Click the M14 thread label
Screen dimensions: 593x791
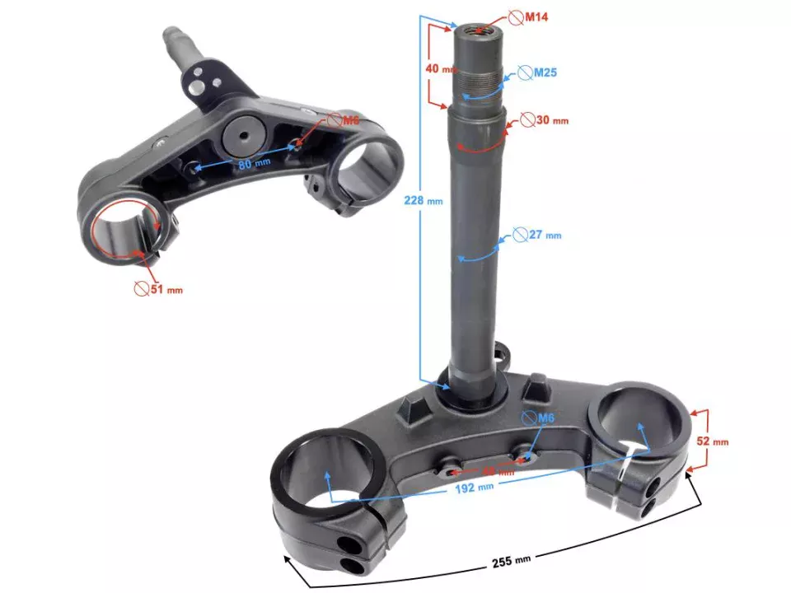pyautogui.click(x=536, y=16)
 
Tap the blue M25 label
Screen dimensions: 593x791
pyautogui.click(x=545, y=72)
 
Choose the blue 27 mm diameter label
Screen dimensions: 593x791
pyautogui.click(x=544, y=235)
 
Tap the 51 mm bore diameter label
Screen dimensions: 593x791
pyautogui.click(x=166, y=289)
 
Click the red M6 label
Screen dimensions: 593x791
pyautogui.click(x=351, y=120)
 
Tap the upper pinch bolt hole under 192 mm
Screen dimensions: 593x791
pyautogui.click(x=344, y=544)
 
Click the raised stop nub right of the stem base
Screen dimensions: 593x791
pyautogui.click(x=536, y=385)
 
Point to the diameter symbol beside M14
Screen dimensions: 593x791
pyautogui.click(x=514, y=16)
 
